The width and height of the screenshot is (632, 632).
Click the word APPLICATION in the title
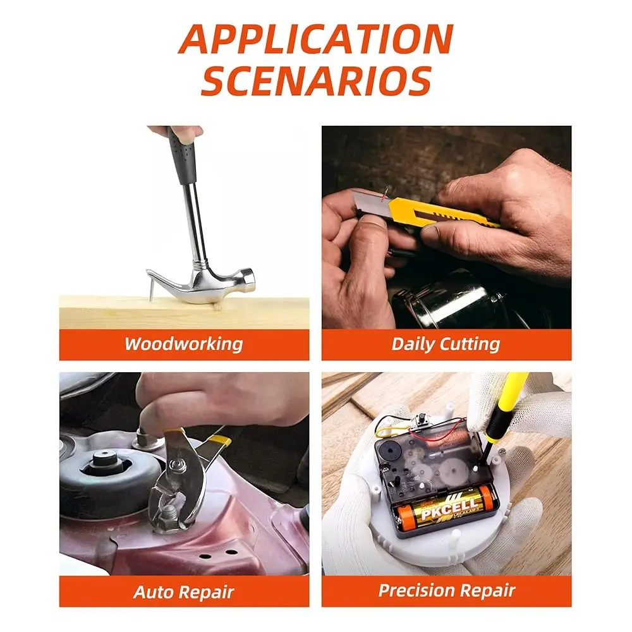(x=316, y=39)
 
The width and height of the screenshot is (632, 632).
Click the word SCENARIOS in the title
(x=317, y=80)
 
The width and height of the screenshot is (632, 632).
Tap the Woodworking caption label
(x=184, y=344)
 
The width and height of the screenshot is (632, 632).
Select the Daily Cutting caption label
(x=446, y=344)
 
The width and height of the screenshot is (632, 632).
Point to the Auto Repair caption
(x=184, y=592)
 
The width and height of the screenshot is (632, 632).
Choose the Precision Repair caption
(x=447, y=590)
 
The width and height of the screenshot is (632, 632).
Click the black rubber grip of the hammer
(x=182, y=155)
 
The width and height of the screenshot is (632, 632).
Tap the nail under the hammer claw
(x=151, y=291)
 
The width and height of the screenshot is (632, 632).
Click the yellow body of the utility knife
(x=444, y=212)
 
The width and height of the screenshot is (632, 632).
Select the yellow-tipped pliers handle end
(x=220, y=441)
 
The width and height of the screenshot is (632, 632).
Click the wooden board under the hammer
(x=184, y=312)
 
